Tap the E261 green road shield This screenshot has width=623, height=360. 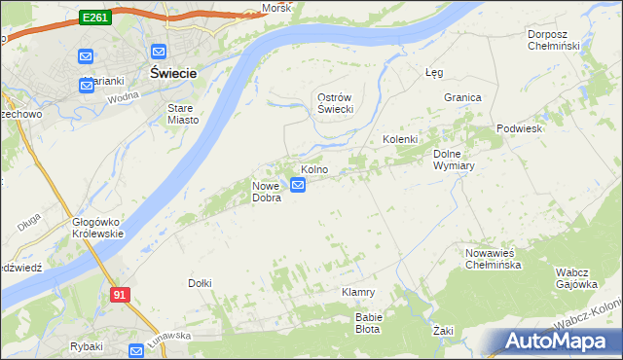[x=94, y=18]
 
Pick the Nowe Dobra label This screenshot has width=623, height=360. [x=267, y=192]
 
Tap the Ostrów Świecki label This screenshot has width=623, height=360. [x=335, y=104]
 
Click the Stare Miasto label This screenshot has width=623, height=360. [x=183, y=114]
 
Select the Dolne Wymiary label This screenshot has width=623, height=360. [x=453, y=160]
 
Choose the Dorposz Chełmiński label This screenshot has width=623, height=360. [x=553, y=40]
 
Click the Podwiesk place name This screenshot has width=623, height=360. [x=518, y=128]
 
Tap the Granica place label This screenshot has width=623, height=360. [x=463, y=97]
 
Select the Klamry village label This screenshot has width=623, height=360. [x=358, y=292]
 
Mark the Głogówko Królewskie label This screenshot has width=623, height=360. [x=97, y=228]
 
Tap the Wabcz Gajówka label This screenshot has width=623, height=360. [x=575, y=278]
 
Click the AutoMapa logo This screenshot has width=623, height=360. [x=560, y=341]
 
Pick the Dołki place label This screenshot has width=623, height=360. [x=200, y=283]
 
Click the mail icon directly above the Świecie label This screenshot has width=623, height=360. [x=159, y=53]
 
